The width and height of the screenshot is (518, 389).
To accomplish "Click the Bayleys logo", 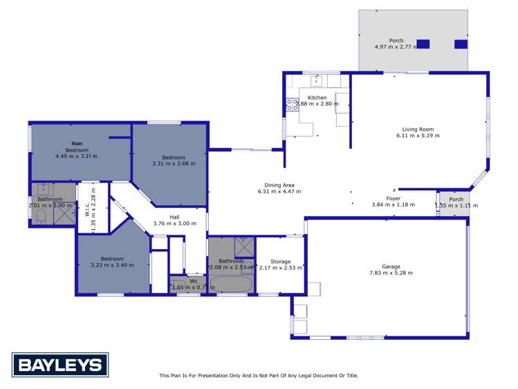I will [x=60, y=364].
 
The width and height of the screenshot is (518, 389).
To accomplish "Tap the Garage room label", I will [x=391, y=266].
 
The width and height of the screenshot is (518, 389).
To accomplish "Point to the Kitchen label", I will [x=317, y=98].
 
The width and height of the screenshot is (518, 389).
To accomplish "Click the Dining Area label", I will [x=279, y=185].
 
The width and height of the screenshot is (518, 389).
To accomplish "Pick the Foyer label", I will [x=394, y=198].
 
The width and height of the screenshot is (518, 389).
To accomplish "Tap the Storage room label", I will [x=280, y=262].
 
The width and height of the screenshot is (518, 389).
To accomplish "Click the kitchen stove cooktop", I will [x=292, y=105].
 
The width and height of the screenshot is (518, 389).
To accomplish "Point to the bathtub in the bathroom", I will [x=231, y=284].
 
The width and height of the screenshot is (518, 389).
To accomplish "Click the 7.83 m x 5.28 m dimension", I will [x=391, y=273].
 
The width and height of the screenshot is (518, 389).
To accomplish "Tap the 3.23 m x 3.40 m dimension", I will [x=112, y=265].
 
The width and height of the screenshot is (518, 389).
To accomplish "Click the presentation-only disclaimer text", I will [x=259, y=376].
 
